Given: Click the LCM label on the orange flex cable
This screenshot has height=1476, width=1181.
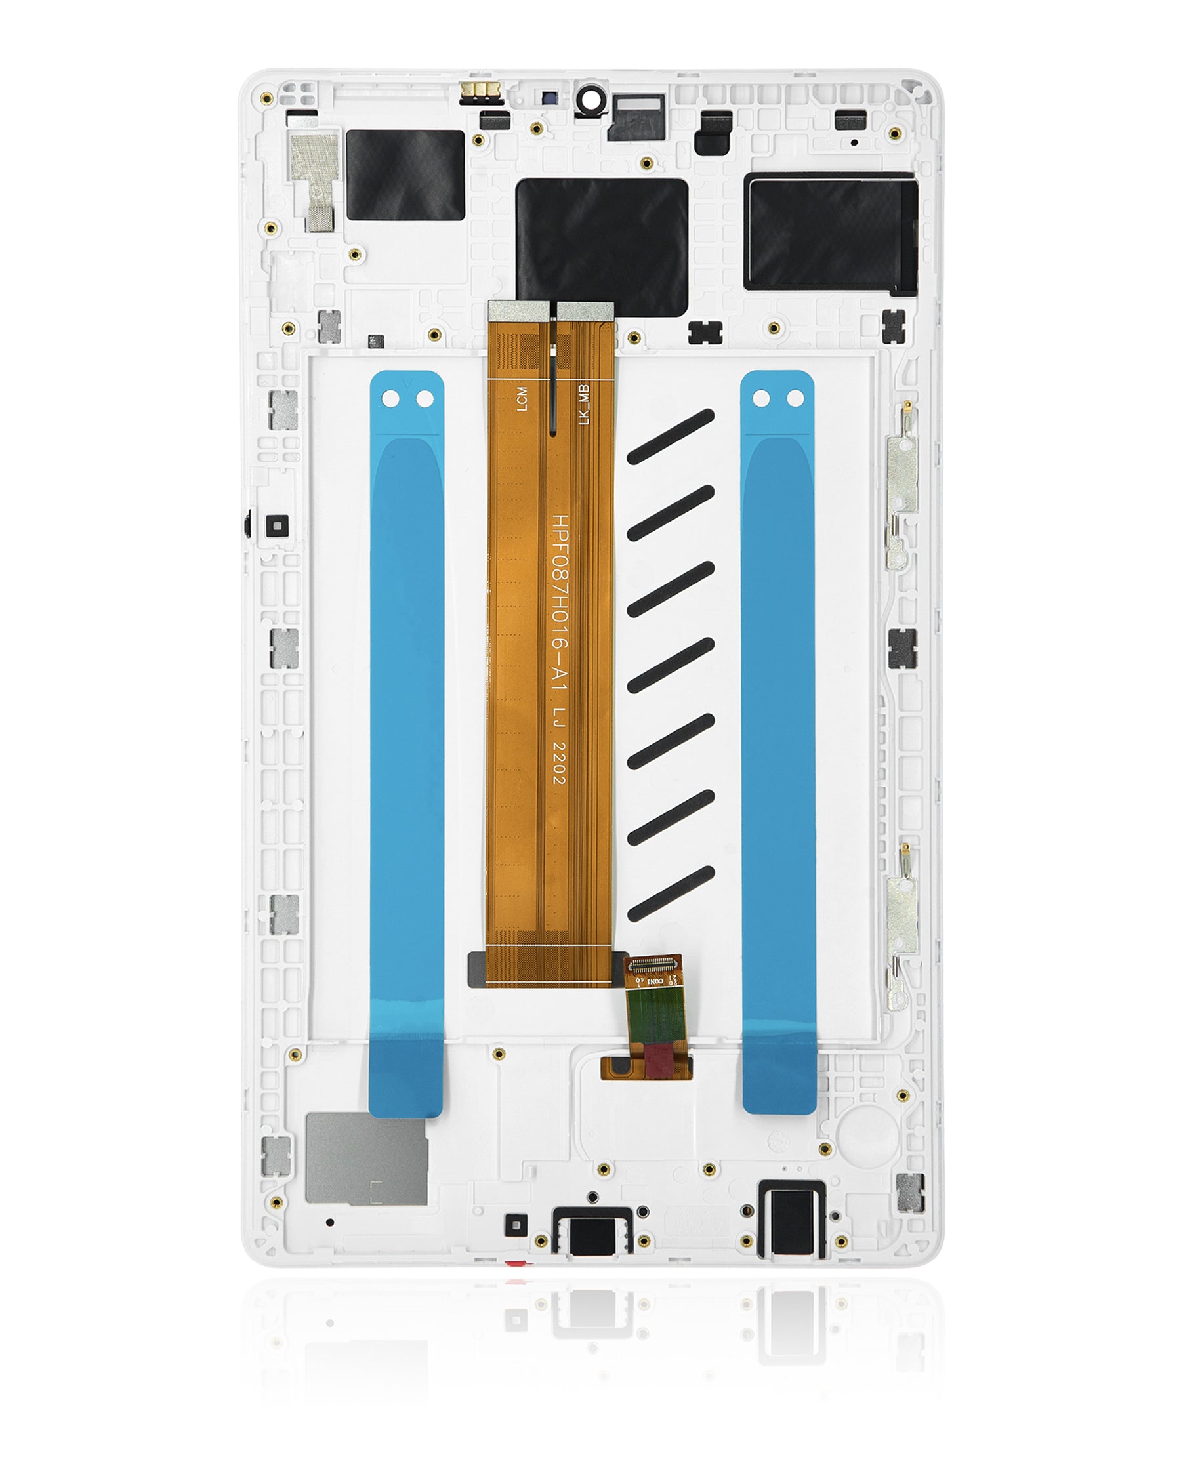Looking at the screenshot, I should click(522, 399).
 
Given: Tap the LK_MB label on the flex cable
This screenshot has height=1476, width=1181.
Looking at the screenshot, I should click(583, 405).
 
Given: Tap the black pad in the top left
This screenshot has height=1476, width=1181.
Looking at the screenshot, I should click(405, 175).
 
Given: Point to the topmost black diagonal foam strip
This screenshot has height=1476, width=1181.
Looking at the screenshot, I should click(671, 438).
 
